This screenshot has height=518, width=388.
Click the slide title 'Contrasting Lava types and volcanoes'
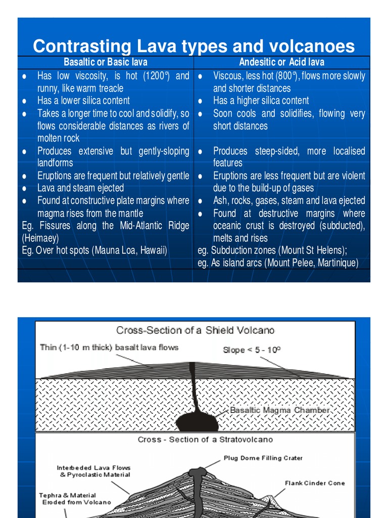pos(194,47)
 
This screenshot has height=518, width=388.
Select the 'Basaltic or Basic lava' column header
pos(106,62)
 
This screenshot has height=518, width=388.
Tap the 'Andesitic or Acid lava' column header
pos(281,62)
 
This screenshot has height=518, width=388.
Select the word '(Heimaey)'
pos(40,238)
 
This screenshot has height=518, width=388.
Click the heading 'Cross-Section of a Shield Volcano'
pos(196,330)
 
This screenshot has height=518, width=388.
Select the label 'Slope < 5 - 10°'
pos(252,350)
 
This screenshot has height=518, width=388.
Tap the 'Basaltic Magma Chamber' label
pos(280,410)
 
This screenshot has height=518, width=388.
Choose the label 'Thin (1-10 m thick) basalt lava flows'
pos(109,348)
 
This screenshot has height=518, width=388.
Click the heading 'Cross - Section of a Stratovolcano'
pos(205,440)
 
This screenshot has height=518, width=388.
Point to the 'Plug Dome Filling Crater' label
pos(263,458)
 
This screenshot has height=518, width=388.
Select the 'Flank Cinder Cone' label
pos(315,483)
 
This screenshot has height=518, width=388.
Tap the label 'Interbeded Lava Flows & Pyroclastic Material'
pos(93,471)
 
